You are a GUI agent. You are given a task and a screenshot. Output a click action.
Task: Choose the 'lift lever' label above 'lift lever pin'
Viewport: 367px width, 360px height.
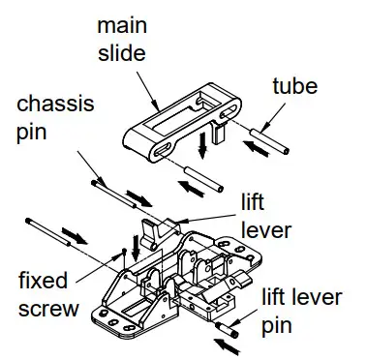coord(260,216)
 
